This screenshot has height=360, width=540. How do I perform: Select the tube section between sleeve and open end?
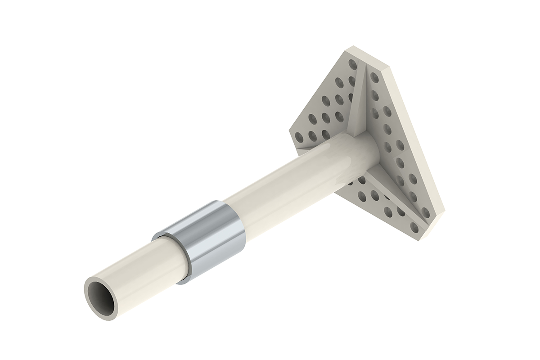pyautogui.click(x=144, y=270)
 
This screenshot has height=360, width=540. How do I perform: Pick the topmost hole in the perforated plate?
pyautogui.click(x=353, y=65)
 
